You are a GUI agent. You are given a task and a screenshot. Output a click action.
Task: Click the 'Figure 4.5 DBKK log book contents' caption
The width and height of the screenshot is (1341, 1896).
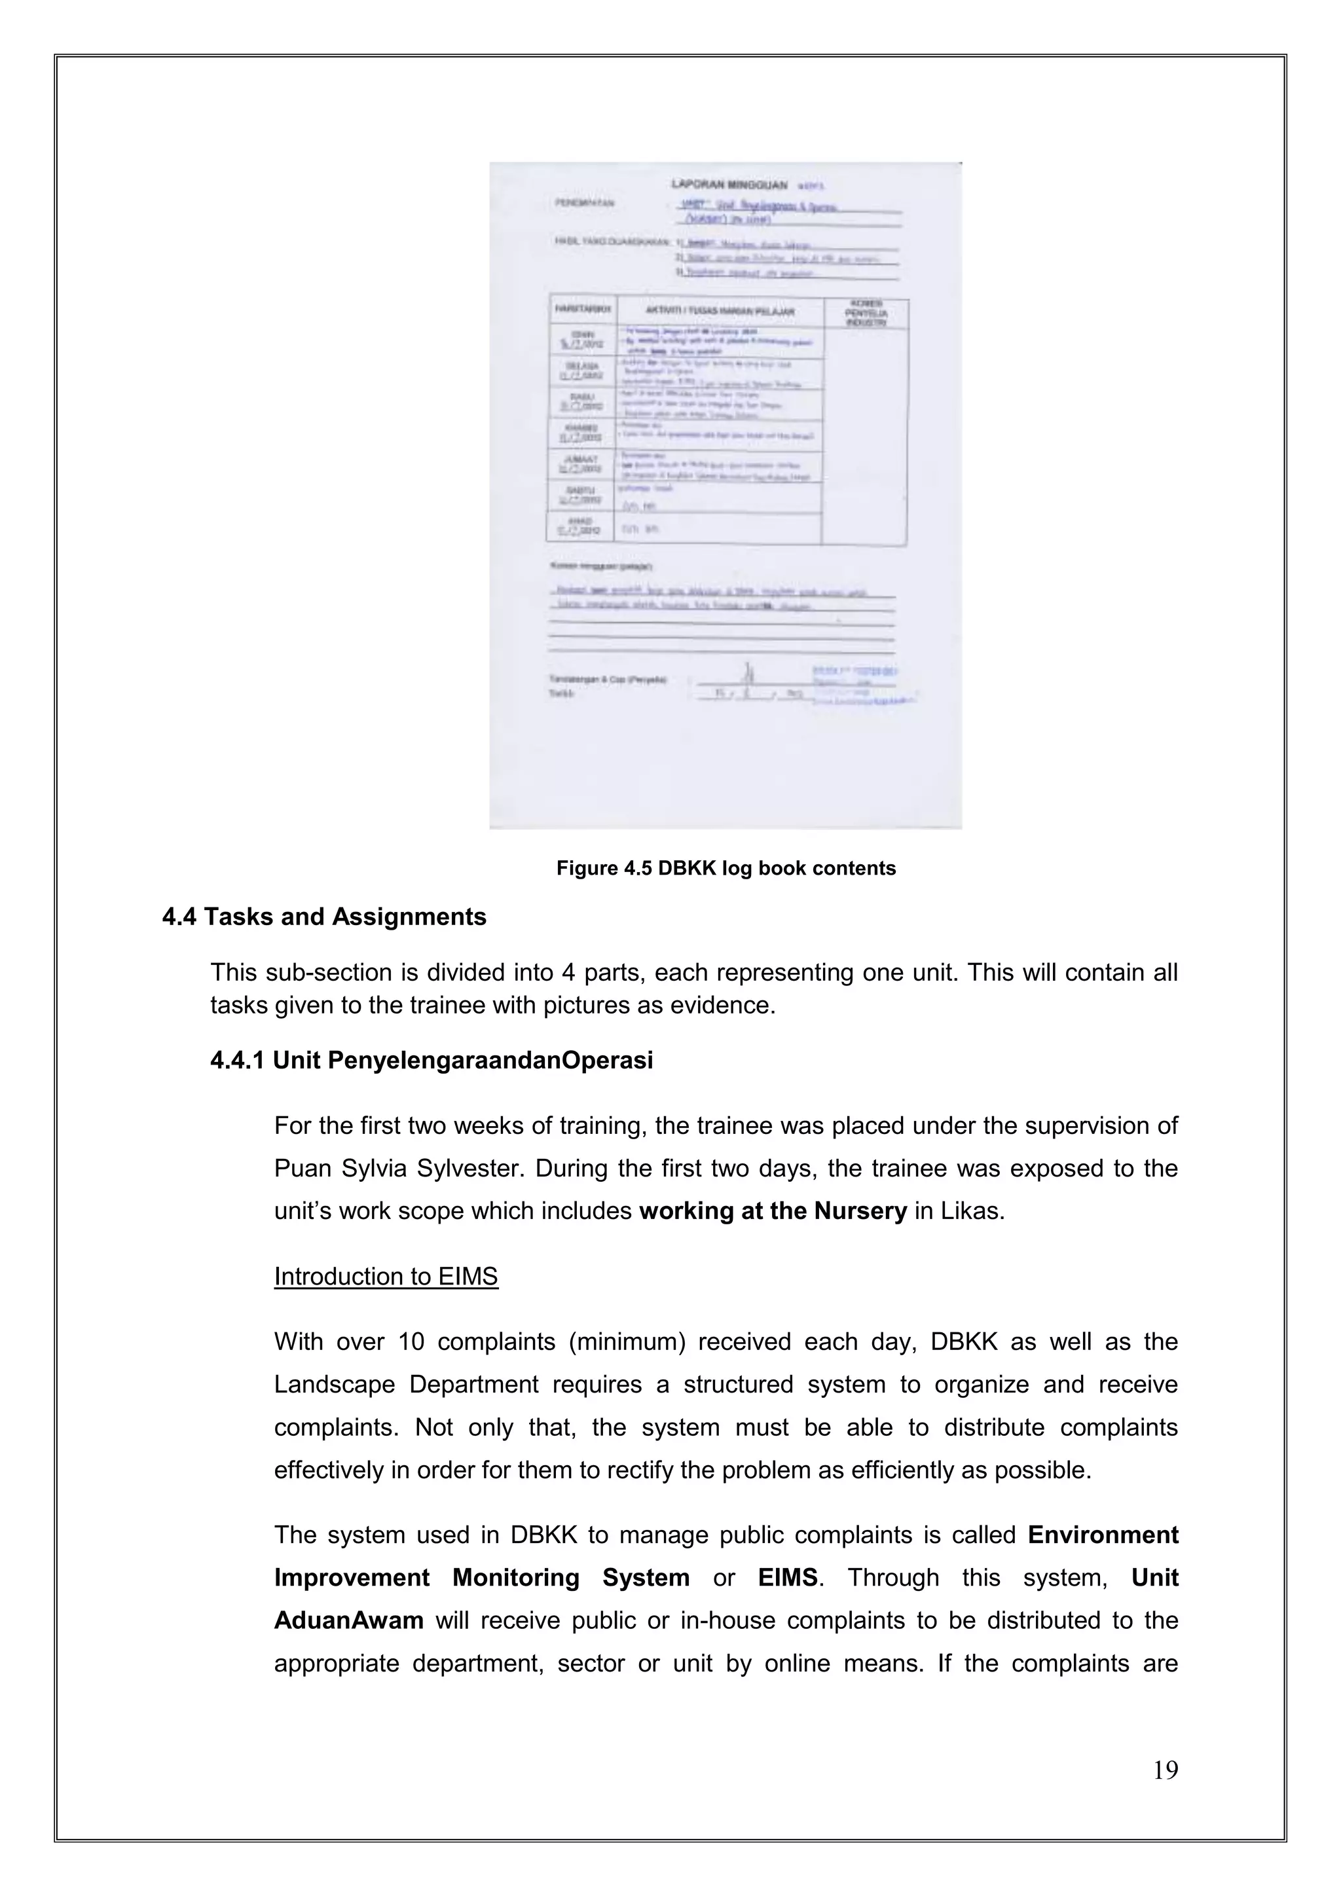click(725, 869)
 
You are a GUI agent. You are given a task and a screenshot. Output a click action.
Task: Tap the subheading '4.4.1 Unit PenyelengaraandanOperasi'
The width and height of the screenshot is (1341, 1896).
click(431, 1061)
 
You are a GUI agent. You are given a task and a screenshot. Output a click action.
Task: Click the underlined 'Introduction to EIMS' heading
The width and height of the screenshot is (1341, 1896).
click(386, 1277)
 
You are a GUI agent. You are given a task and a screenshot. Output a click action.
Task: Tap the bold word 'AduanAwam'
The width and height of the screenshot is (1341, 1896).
click(348, 1621)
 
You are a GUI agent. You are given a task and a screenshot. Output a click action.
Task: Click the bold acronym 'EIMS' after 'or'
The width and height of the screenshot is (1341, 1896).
click(788, 1578)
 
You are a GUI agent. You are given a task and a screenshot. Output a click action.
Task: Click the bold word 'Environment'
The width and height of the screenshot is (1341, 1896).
click(1103, 1535)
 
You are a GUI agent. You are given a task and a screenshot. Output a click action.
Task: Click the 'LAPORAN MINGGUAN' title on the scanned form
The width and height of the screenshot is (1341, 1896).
click(729, 185)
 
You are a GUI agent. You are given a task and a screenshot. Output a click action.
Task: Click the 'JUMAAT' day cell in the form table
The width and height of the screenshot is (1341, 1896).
click(581, 462)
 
